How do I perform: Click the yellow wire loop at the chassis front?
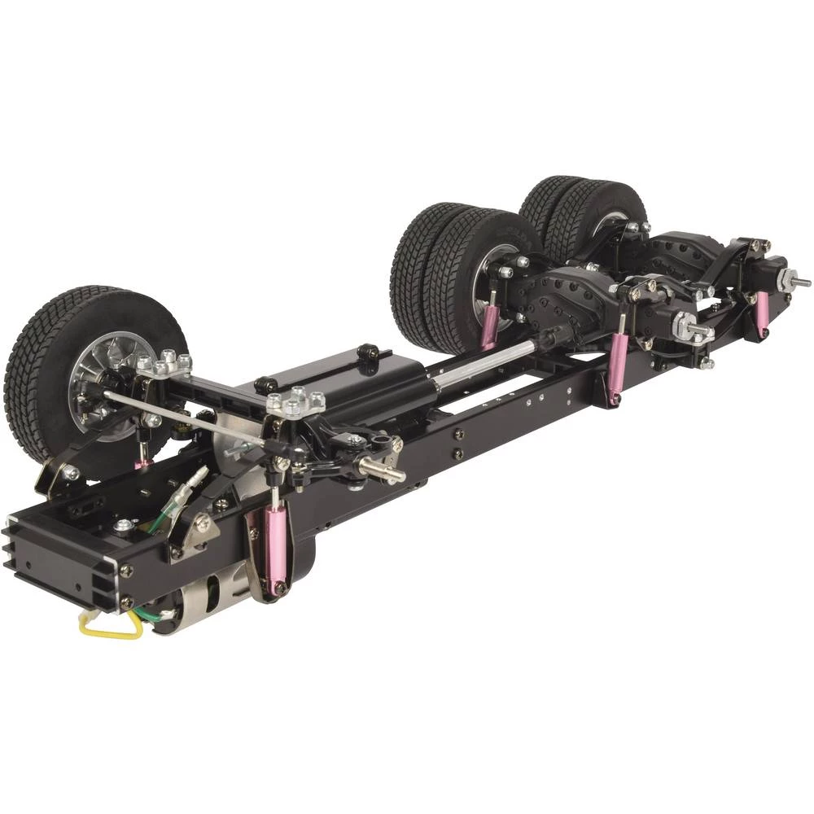(x=107, y=626)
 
